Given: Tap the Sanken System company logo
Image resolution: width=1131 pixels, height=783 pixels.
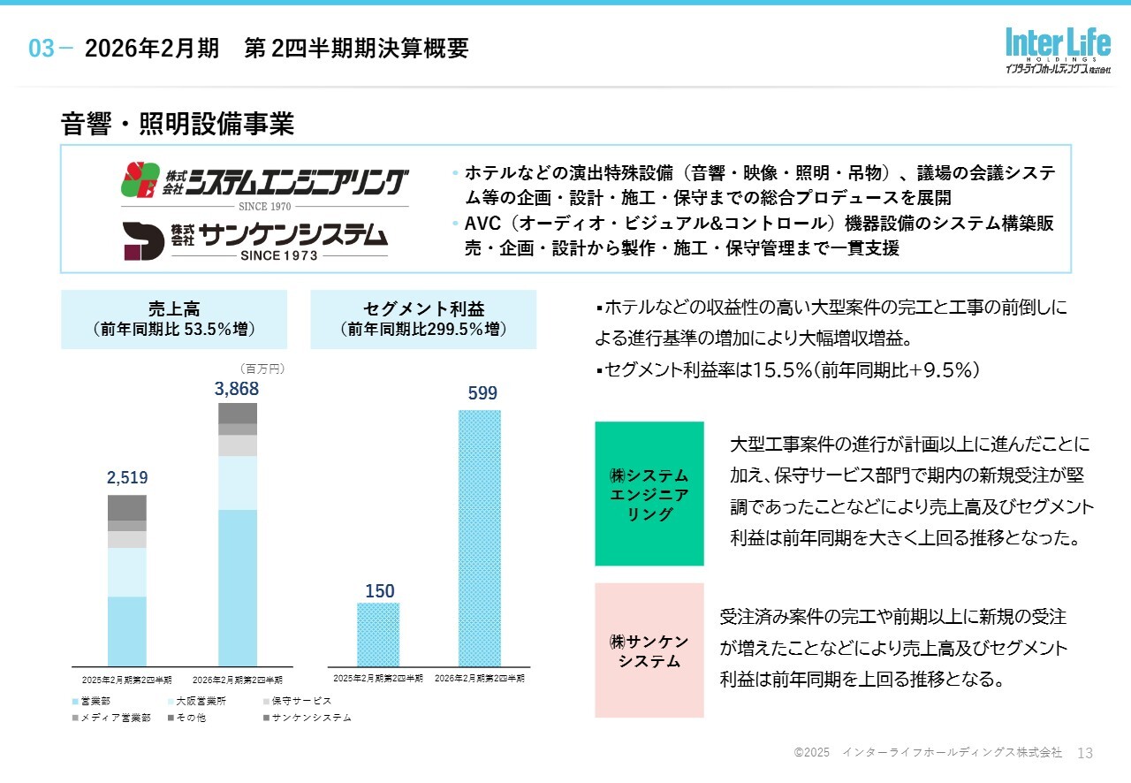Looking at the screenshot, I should point(255,239).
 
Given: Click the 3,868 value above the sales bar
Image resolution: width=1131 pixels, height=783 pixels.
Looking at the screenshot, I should point(237,389).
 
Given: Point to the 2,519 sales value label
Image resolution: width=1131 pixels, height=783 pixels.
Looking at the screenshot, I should point(127,478).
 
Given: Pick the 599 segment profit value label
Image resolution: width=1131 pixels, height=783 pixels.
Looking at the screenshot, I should point(482,393).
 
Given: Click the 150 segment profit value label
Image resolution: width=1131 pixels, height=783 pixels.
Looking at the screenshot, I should point(379,590).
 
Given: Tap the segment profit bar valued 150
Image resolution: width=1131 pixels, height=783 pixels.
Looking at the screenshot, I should point(378,634).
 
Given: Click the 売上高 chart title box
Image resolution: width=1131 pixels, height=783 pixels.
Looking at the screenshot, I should point(174,319).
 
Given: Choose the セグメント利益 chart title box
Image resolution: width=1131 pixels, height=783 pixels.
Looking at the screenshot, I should point(423,319).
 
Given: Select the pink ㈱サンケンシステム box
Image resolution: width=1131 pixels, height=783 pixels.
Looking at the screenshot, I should point(649,650).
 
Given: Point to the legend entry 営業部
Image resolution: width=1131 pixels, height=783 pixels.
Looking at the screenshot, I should point(90,701).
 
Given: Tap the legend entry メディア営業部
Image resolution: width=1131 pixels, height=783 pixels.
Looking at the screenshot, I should point(110,718).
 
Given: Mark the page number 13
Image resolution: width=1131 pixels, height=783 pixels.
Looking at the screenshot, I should point(1086,753).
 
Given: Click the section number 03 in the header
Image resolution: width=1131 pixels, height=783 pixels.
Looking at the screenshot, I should point(42,49).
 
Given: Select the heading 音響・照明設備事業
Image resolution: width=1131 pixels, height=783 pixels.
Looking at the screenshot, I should point(177,125).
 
